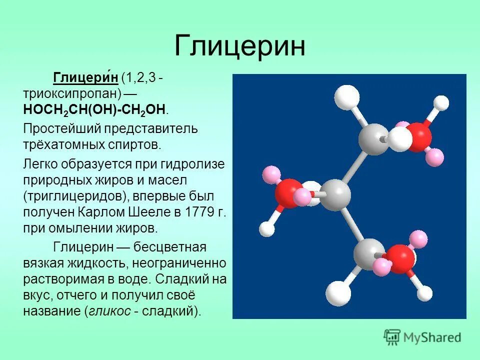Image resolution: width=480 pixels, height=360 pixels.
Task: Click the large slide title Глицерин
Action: coord(240,46)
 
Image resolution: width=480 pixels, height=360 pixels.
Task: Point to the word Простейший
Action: coord(61,128)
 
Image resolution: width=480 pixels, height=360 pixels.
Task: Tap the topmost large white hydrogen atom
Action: coord(346,97)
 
